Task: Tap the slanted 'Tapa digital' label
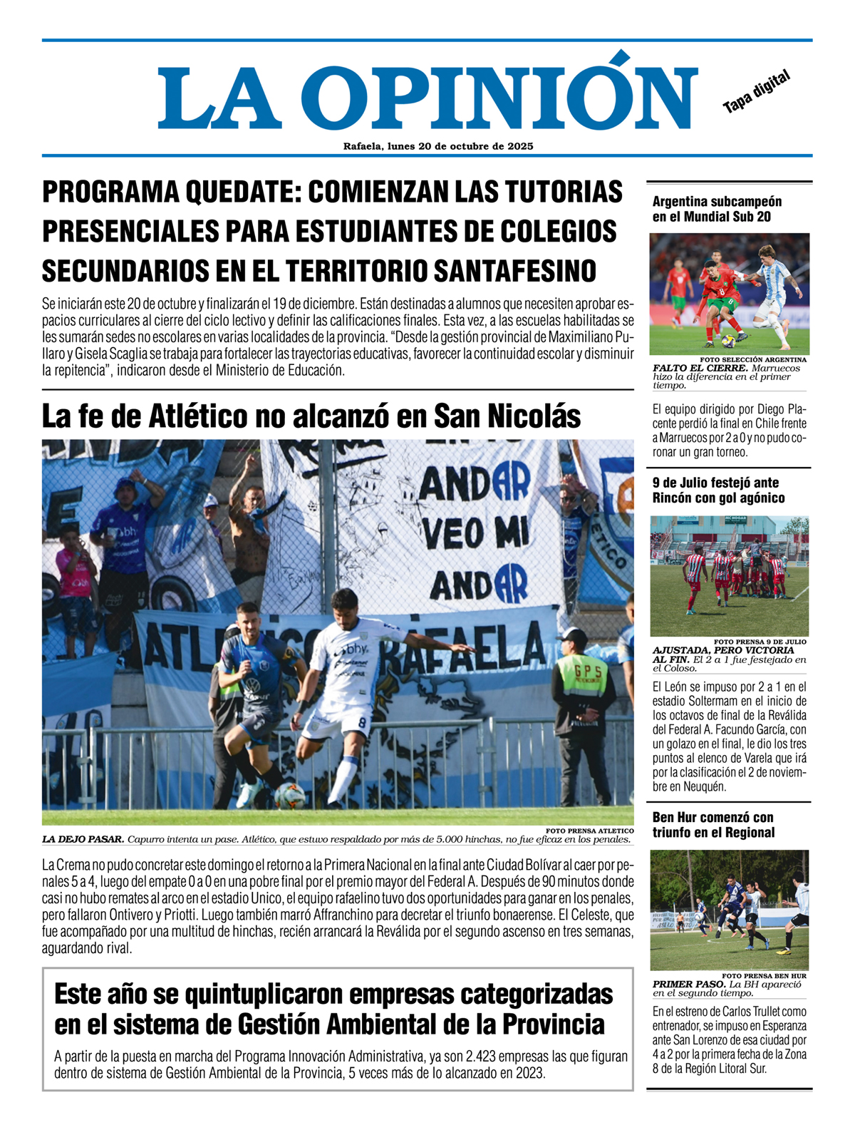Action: pyautogui.click(x=757, y=92)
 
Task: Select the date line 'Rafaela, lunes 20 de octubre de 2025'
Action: pyautogui.click(x=438, y=146)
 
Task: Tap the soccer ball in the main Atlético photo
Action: pyautogui.click(x=289, y=796)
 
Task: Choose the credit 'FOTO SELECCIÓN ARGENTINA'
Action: pyautogui.click(x=753, y=360)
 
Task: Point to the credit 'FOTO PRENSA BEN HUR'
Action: pyautogui.click(x=764, y=976)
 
